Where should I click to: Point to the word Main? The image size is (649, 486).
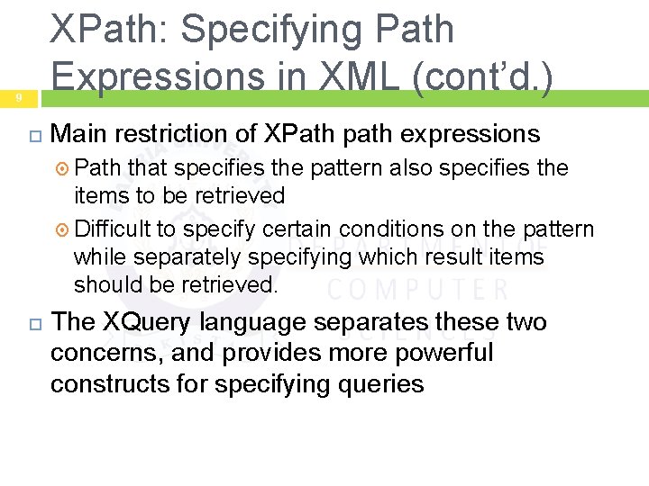(x=78, y=134)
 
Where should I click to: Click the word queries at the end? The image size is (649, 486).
(x=379, y=383)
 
